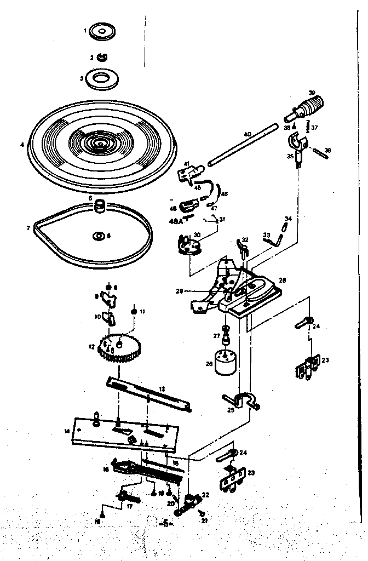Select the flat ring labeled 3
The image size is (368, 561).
tap(100, 78)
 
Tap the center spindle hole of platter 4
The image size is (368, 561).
tap(100, 144)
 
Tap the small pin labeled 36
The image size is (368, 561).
tap(323, 153)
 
